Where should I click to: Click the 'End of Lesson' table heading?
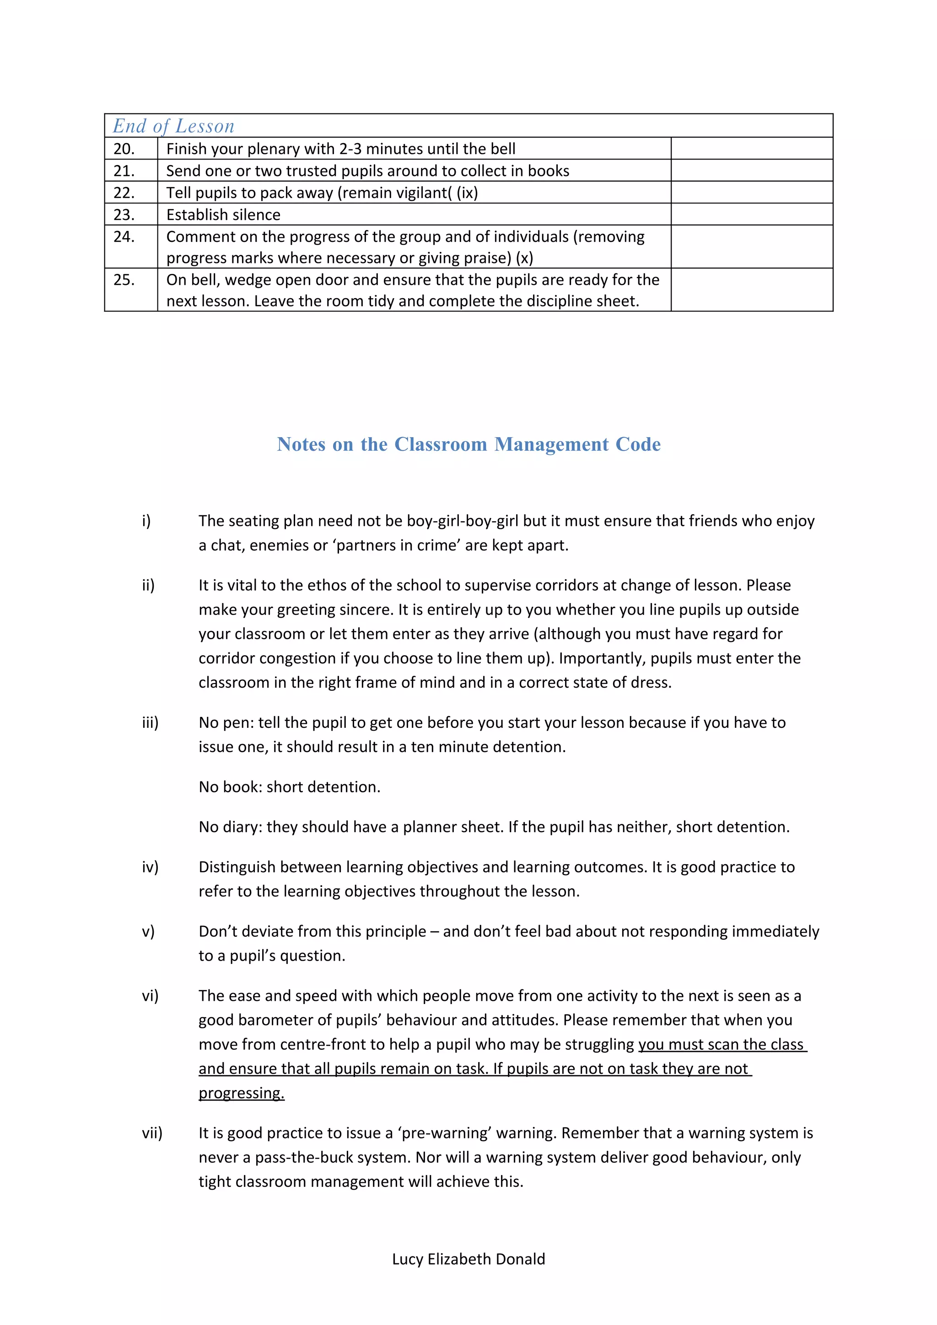point(173,126)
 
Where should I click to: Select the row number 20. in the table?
point(124,149)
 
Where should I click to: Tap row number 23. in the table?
point(124,215)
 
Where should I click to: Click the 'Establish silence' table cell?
point(223,215)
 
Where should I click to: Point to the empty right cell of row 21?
point(751,171)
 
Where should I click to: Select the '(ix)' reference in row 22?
point(467,193)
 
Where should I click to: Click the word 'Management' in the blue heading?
point(551,444)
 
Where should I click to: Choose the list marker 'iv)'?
point(150,867)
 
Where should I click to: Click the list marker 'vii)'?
point(152,1133)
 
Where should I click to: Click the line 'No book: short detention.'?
point(289,787)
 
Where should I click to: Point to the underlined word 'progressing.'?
point(241,1093)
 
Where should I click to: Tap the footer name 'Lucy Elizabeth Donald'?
point(468,1259)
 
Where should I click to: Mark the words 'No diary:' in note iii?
point(230,827)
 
